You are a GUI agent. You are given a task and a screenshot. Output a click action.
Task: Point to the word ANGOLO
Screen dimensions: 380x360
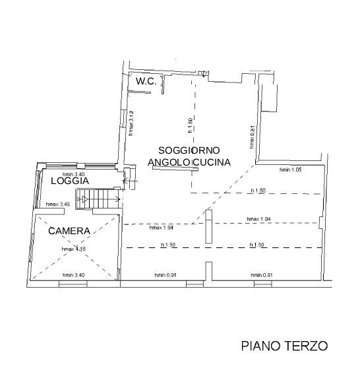(169, 162)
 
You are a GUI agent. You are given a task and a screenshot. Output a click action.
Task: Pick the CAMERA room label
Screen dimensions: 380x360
(69, 231)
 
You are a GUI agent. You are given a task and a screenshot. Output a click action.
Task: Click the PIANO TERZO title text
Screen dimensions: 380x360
(284, 345)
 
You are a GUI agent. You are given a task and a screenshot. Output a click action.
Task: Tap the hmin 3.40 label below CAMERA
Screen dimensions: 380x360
(74, 274)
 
